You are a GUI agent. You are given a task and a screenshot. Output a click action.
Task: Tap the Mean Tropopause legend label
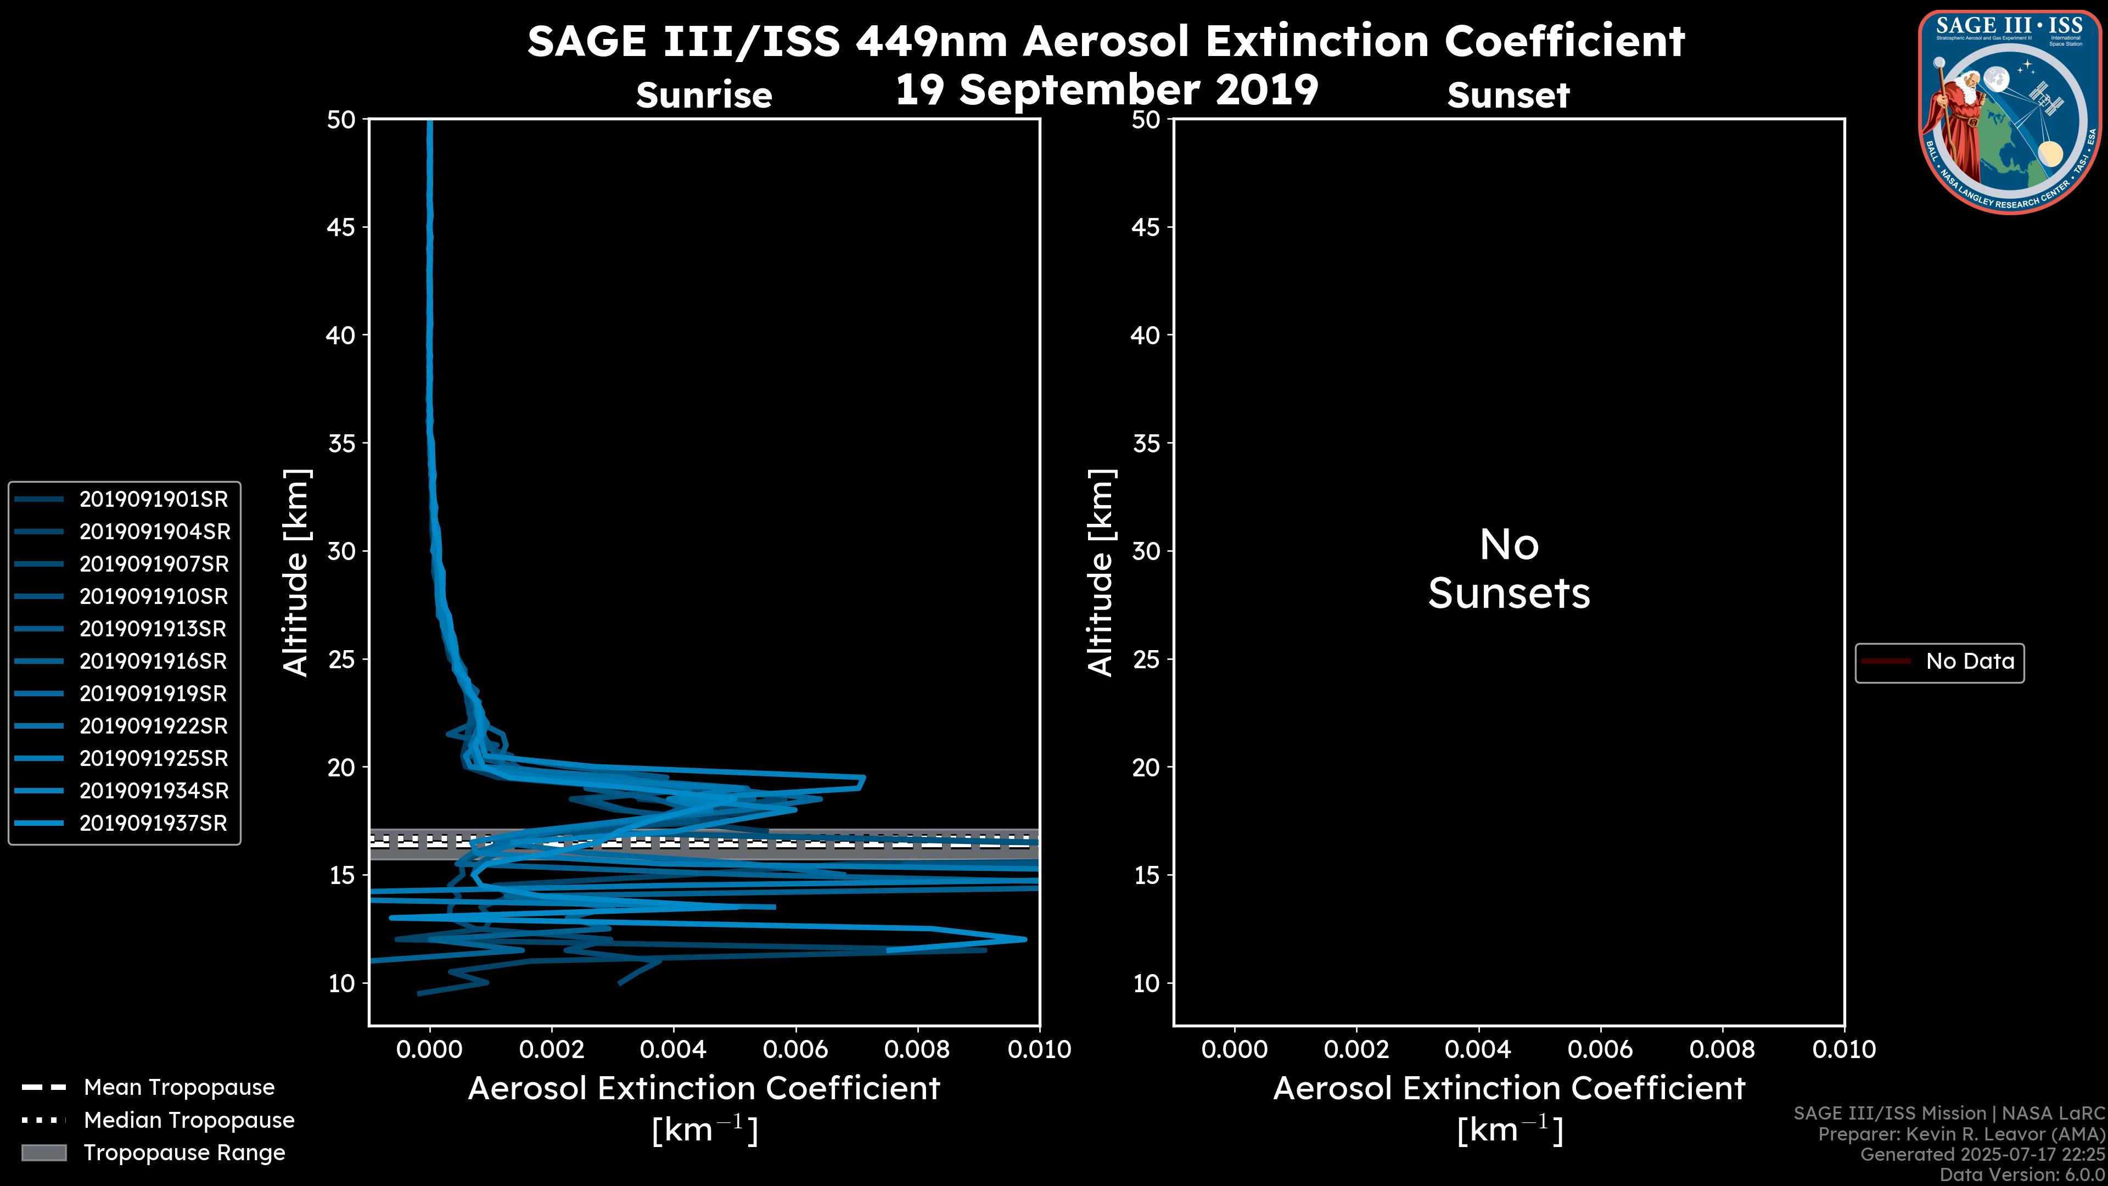point(179,1088)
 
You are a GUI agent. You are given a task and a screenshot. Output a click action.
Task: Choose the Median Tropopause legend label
point(189,1121)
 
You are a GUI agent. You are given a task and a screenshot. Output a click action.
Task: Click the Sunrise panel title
point(704,95)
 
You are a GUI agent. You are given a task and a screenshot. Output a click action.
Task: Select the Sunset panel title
point(1508,95)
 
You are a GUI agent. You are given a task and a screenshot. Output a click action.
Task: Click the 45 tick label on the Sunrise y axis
point(341,227)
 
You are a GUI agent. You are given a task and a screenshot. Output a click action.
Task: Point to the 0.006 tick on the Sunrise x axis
point(795,1049)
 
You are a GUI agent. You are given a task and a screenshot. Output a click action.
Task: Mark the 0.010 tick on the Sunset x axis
point(1844,1049)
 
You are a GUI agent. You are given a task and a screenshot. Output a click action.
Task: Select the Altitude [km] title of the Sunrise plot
point(296,572)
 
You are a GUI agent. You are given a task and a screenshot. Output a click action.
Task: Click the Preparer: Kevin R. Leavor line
point(1961,1134)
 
